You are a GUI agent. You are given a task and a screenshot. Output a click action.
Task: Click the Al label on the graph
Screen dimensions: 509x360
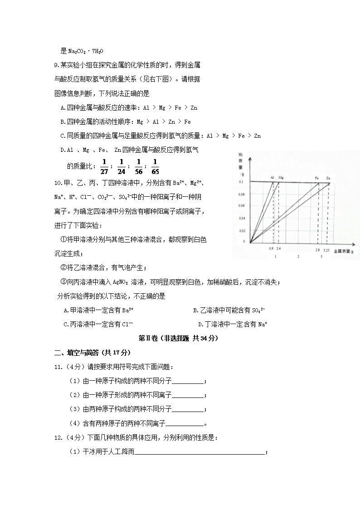pos(272,177)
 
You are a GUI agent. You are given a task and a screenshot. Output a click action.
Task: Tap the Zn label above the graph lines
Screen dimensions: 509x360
pos(328,177)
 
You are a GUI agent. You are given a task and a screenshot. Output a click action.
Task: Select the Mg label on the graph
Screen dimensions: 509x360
pos(281,177)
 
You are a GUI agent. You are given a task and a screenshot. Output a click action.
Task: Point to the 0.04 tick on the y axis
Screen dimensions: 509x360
pos(241,218)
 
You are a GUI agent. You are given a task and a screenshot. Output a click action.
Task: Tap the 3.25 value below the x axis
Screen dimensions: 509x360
pos(326,249)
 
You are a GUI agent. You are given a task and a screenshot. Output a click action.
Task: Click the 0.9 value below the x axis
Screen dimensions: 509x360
pos(271,249)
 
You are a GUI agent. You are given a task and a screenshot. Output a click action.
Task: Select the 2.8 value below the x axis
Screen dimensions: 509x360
pos(318,249)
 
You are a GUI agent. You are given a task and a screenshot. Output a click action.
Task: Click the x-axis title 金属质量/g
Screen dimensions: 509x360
pos(344,251)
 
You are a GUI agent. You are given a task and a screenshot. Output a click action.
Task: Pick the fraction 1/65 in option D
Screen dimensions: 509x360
pos(155,166)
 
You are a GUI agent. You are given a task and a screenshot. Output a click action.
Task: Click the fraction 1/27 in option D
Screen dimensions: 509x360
pos(104,166)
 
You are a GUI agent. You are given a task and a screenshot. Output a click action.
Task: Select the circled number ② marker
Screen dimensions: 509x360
pos(63,268)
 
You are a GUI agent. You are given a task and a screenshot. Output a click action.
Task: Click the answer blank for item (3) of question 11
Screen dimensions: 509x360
pos(188,410)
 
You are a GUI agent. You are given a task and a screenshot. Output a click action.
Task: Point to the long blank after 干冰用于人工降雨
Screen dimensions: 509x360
pos(200,452)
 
